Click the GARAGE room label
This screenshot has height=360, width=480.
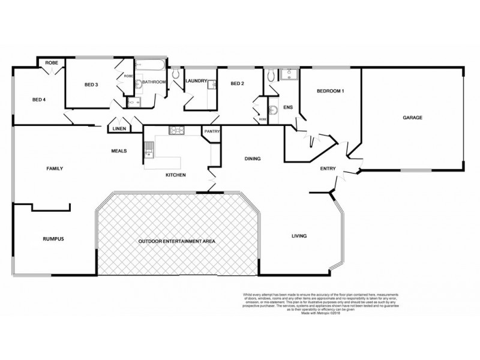(412, 118)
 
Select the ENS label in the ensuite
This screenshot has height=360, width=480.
(279, 107)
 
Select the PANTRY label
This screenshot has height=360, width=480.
(212, 131)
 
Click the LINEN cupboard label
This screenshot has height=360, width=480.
(118, 128)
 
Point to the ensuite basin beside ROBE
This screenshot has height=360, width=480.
(273, 109)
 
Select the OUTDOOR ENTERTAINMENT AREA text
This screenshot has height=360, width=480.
(176, 241)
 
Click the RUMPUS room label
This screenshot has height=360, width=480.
(53, 238)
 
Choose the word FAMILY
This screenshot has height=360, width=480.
(55, 169)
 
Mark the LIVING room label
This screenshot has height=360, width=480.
(299, 236)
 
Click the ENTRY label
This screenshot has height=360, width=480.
(328, 169)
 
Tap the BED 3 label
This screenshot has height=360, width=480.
(91, 84)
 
